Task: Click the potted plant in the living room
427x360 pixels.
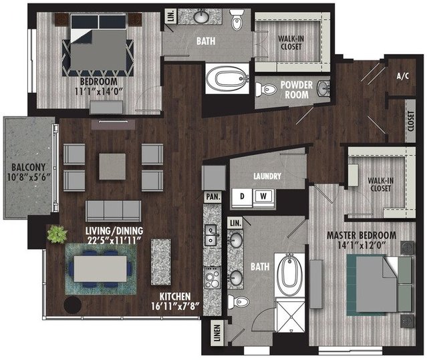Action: [57, 234]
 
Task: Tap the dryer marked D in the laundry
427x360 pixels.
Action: [242, 196]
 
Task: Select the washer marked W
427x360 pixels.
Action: [263, 196]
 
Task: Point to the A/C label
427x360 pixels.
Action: [403, 76]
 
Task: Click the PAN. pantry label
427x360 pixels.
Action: [213, 196]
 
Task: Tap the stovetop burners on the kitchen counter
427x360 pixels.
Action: [212, 278]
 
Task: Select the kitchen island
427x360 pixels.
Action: [161, 262]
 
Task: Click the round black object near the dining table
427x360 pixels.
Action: [73, 305]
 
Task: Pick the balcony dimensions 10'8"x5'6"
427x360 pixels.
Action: [29, 178]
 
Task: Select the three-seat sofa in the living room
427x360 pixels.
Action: [114, 211]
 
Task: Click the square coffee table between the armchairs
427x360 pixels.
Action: [112, 166]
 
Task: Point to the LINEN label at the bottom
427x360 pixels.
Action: [217, 333]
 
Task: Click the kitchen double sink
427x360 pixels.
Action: [210, 235]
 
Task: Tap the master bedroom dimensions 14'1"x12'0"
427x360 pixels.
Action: [362, 245]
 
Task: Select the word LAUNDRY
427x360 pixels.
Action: [267, 176]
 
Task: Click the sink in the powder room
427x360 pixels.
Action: [323, 88]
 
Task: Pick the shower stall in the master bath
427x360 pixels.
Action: [290, 315]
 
